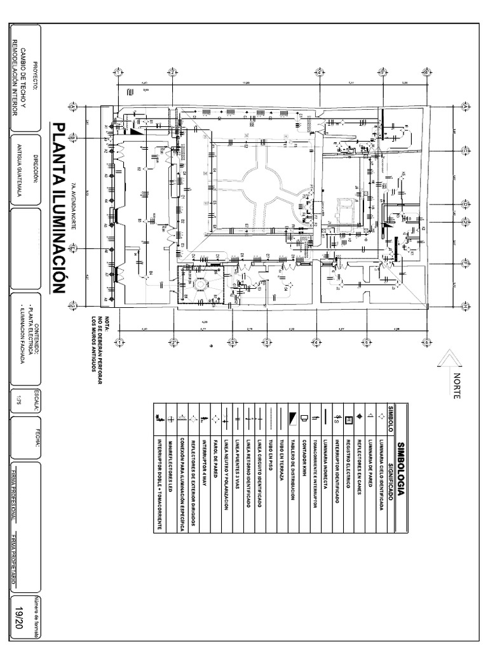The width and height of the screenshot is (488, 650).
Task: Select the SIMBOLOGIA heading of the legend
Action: pos(400,467)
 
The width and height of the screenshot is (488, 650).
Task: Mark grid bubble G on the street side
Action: pos(74,306)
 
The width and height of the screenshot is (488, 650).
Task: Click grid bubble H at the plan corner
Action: pos(466,306)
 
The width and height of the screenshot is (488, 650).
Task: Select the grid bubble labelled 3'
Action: pos(233,343)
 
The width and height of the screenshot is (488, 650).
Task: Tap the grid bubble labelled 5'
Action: pos(368,343)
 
